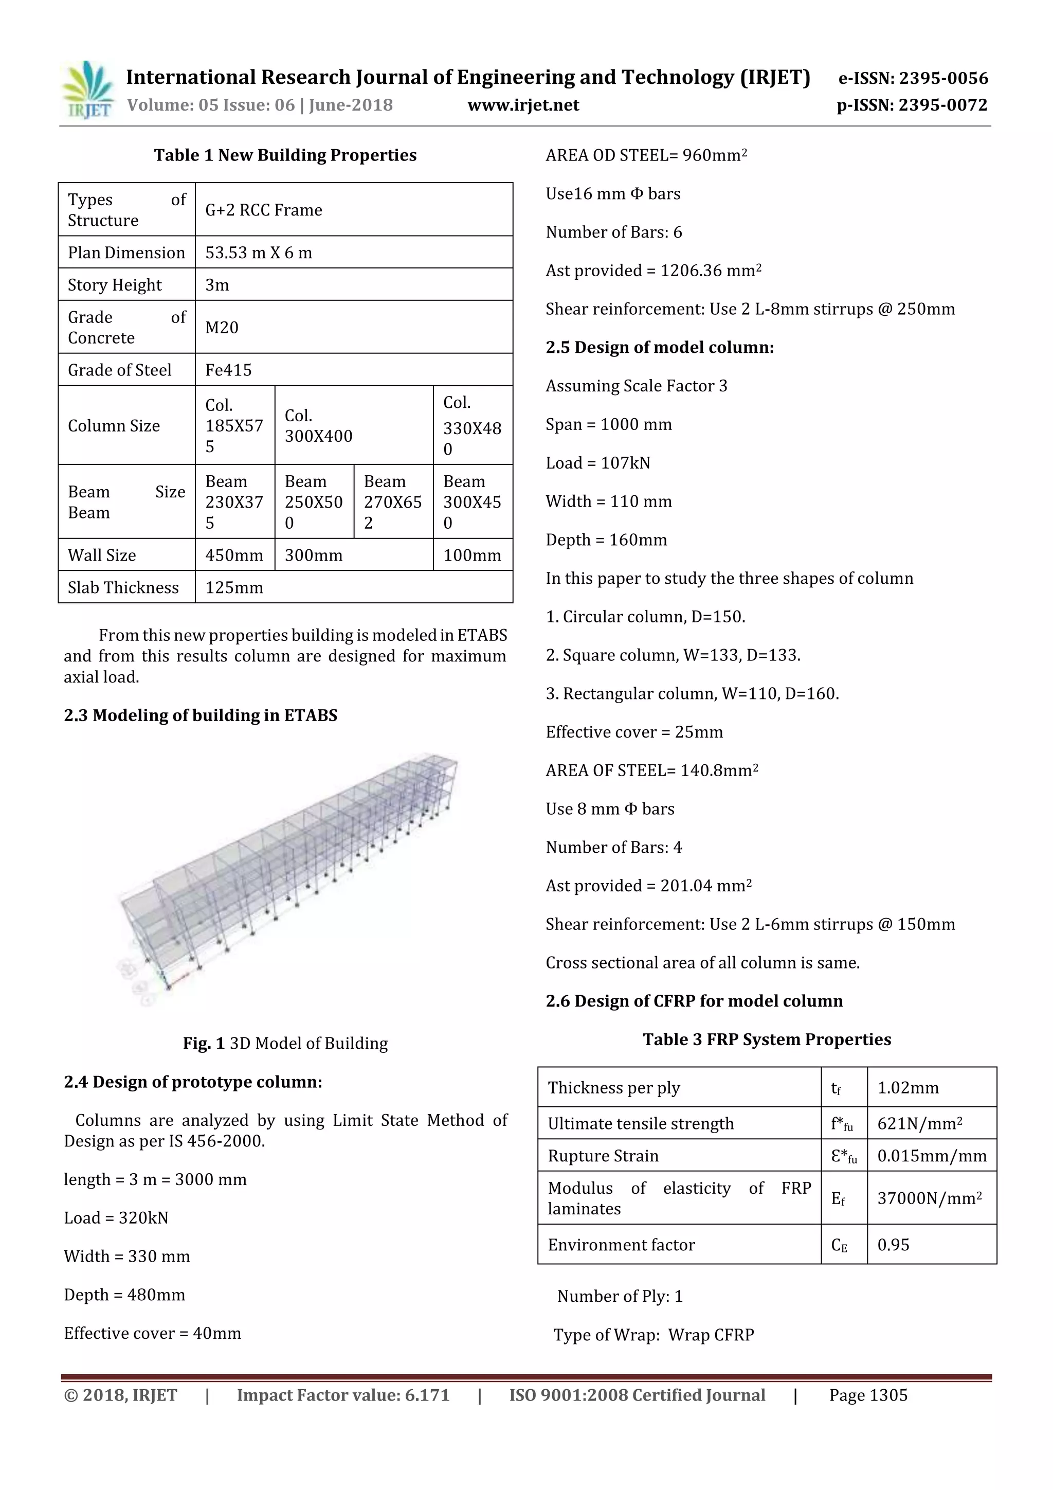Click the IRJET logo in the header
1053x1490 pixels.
[x=87, y=90]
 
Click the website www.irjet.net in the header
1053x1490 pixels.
[x=523, y=105]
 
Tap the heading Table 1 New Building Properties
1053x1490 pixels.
[x=285, y=155]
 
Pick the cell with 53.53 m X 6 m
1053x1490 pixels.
[x=258, y=253]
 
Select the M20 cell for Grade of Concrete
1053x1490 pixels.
[x=222, y=327]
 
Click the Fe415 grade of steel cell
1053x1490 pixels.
[x=228, y=370]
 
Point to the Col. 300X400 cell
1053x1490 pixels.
[x=319, y=426]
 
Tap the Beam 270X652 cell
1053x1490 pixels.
[x=392, y=501]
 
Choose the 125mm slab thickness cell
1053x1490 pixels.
[x=234, y=587]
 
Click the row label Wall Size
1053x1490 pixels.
[x=102, y=555]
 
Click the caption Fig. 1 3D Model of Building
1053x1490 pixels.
[x=285, y=1043]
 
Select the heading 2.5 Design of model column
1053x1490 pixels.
[x=659, y=347]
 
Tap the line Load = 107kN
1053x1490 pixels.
[x=597, y=463]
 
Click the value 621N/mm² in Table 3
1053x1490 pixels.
[x=919, y=1124]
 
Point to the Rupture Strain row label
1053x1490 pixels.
[x=603, y=1156]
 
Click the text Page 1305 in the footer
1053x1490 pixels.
[x=867, y=1395]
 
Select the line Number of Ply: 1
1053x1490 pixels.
[x=620, y=1296]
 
